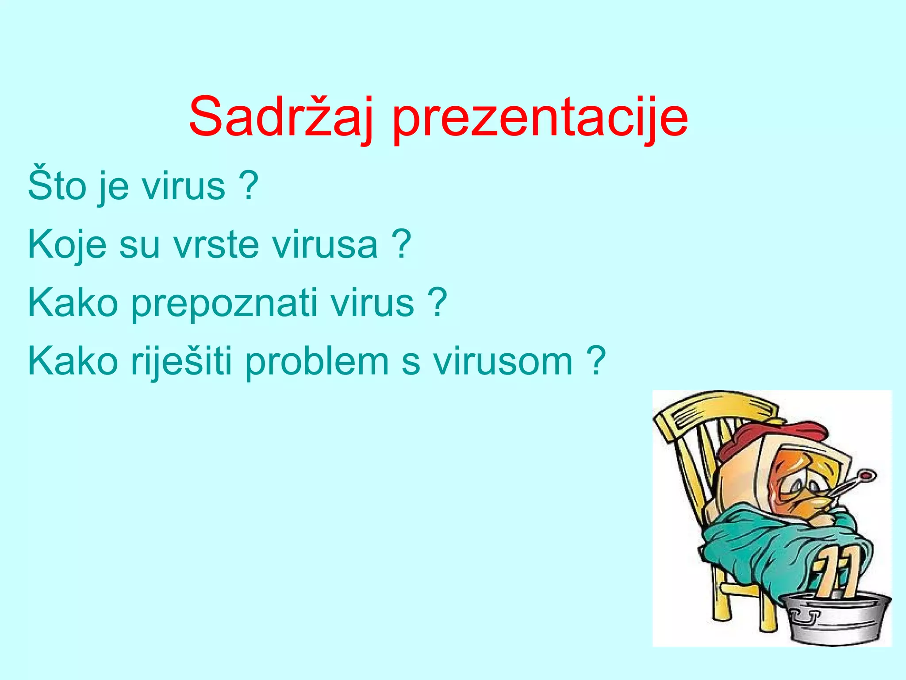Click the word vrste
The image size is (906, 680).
tap(216, 245)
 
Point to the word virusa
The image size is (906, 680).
tap(325, 245)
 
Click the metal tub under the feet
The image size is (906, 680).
tap(836, 620)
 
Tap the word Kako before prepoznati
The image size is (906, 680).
tap(73, 304)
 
